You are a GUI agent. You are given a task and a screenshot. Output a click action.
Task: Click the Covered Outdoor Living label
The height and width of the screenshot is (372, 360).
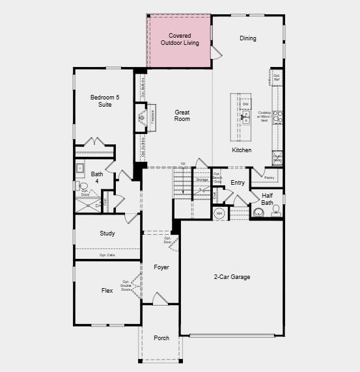180,39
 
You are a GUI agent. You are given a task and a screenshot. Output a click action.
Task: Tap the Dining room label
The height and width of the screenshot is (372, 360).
248,38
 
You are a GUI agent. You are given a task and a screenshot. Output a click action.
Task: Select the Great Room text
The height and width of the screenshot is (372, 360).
182,116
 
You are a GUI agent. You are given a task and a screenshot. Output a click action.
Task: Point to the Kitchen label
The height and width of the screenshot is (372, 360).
242,150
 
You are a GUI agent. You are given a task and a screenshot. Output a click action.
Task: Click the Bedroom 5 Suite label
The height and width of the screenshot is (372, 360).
101,101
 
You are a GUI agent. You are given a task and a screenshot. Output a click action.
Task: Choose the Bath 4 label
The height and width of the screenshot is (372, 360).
97,178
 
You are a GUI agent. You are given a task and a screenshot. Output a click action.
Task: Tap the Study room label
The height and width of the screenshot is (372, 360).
107,233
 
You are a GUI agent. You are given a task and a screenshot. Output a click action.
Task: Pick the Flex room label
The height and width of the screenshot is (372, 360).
107,291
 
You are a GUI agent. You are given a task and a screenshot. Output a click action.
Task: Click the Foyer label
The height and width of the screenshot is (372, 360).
161,267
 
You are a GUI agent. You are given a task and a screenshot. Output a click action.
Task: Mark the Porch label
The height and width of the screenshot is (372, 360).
161,338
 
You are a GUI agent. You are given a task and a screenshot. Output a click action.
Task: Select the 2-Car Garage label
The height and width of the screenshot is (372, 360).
232,277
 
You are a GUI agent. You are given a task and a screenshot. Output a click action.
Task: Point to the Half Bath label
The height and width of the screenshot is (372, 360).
268,198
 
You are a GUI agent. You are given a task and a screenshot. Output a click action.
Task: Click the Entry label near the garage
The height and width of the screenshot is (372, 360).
238,183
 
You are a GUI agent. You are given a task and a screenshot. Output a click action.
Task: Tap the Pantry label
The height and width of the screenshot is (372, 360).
270,177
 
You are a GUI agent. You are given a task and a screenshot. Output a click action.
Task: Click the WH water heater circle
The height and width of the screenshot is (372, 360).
219,213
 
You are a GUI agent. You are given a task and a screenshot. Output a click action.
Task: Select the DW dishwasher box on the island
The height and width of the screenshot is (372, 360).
246,104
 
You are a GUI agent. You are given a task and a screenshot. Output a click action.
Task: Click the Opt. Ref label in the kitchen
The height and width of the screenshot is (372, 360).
277,77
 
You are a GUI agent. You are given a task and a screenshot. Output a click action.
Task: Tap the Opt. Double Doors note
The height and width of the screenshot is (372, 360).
126,284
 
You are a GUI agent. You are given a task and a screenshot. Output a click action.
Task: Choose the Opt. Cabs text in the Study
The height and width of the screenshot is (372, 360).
107,255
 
